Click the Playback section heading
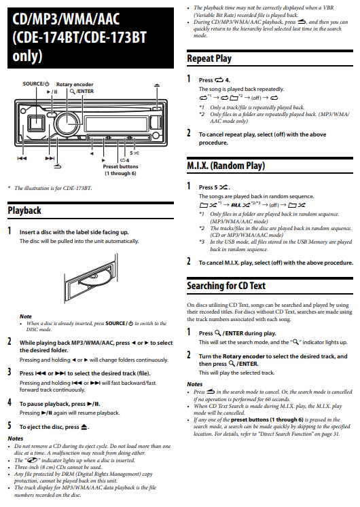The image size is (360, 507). (24, 210)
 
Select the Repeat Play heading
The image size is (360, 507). (209, 58)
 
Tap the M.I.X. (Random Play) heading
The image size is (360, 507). (226, 166)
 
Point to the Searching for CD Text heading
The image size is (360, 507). (226, 286)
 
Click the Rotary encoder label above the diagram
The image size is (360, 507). (75, 84)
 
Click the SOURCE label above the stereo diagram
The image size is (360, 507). (36, 83)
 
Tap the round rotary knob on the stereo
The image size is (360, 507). (68, 123)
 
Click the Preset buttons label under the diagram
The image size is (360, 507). (120, 166)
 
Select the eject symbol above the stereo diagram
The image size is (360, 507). (157, 86)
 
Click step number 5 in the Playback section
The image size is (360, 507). (10, 426)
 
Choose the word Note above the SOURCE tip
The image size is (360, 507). (26, 316)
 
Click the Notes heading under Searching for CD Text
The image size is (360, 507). (194, 384)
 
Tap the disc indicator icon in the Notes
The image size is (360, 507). (32, 459)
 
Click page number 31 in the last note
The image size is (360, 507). (336, 434)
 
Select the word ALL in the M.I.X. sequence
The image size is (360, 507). (236, 205)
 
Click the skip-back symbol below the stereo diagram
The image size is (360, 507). (22, 158)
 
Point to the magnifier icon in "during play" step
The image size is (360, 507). (217, 333)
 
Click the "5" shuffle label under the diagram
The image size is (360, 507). (134, 153)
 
